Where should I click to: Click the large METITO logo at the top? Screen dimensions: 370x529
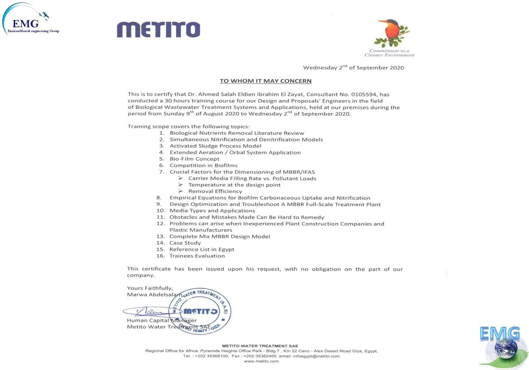coord(158,29)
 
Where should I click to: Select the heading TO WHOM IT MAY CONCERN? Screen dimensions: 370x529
coord(265,81)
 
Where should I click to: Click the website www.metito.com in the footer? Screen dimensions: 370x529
coord(261,361)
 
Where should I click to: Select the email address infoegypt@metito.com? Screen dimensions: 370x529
coord(316,356)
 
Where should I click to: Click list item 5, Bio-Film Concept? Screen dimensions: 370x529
coord(194,159)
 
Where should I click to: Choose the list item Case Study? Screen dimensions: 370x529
coord(185,243)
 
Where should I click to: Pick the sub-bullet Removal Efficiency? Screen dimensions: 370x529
coord(215,191)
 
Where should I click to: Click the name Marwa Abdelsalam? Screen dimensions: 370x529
coord(154,294)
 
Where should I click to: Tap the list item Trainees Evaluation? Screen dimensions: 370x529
coord(197,256)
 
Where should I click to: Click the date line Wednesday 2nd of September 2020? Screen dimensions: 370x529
coord(353,67)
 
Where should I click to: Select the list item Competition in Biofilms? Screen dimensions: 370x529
coord(203,165)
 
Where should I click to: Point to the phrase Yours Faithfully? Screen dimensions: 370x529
coord(150,288)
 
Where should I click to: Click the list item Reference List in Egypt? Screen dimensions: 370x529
coord(202,249)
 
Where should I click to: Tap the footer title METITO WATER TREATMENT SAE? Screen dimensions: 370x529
coord(260,346)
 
